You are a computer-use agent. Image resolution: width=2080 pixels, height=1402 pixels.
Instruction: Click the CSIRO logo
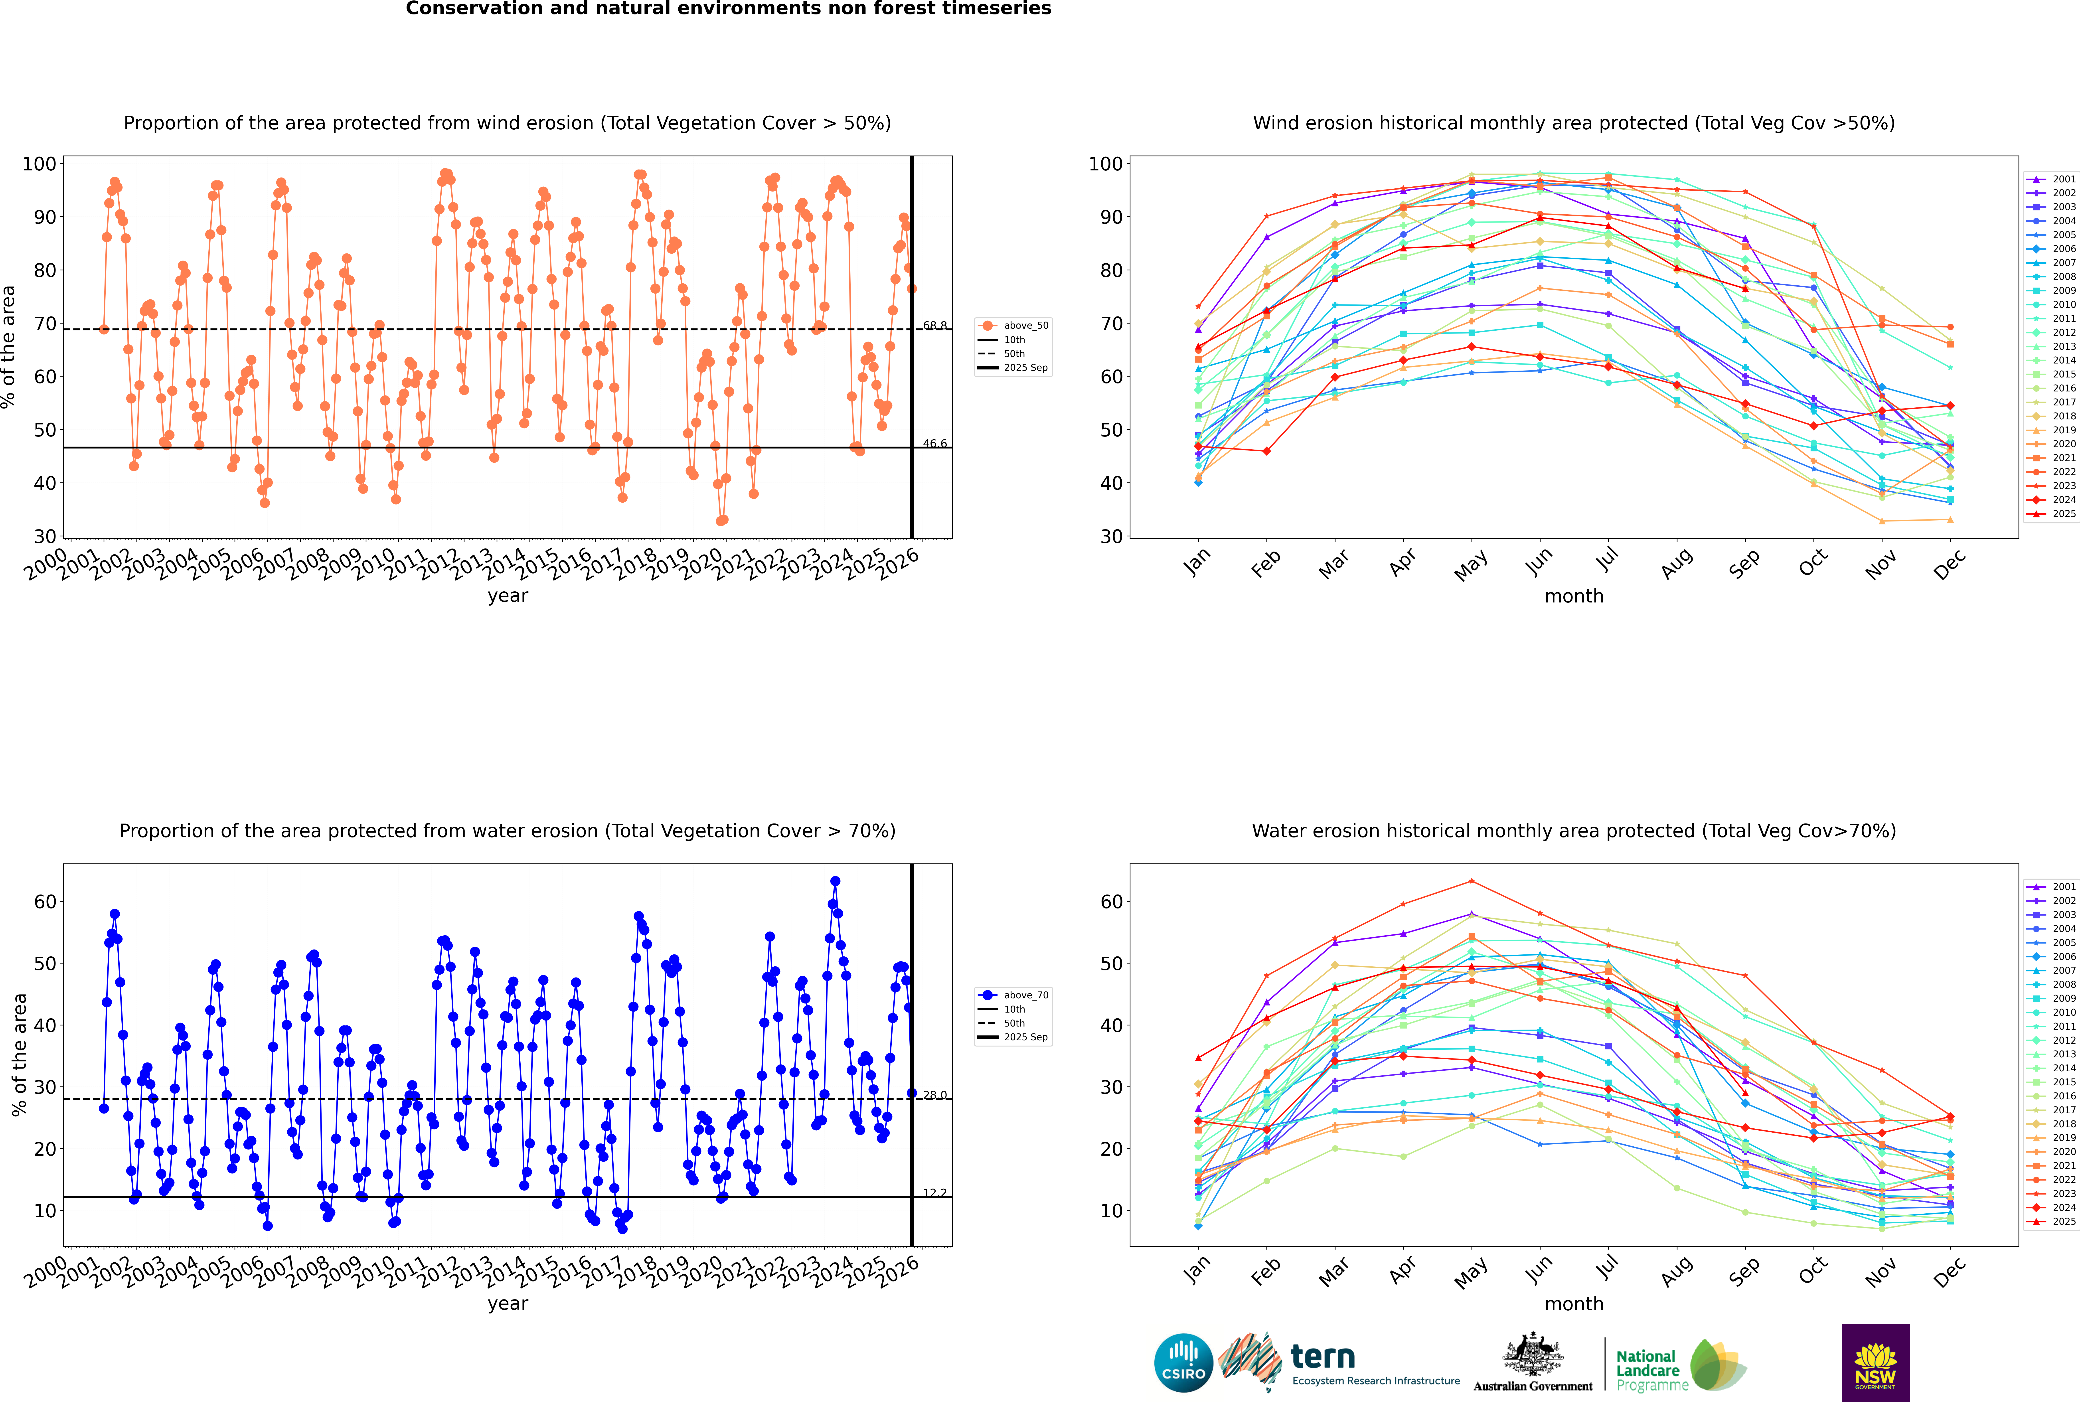coord(1183,1363)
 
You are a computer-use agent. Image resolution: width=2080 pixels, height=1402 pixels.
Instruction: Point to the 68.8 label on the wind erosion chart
coord(934,326)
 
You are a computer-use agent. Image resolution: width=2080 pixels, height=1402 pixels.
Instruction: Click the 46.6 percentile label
coord(934,444)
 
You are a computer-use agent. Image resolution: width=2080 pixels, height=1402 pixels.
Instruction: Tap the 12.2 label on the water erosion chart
coord(934,1193)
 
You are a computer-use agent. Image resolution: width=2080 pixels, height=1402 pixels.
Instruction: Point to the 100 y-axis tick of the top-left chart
coord(39,164)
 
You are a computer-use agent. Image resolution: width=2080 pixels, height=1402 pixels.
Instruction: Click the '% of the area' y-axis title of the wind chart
coord(9,347)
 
